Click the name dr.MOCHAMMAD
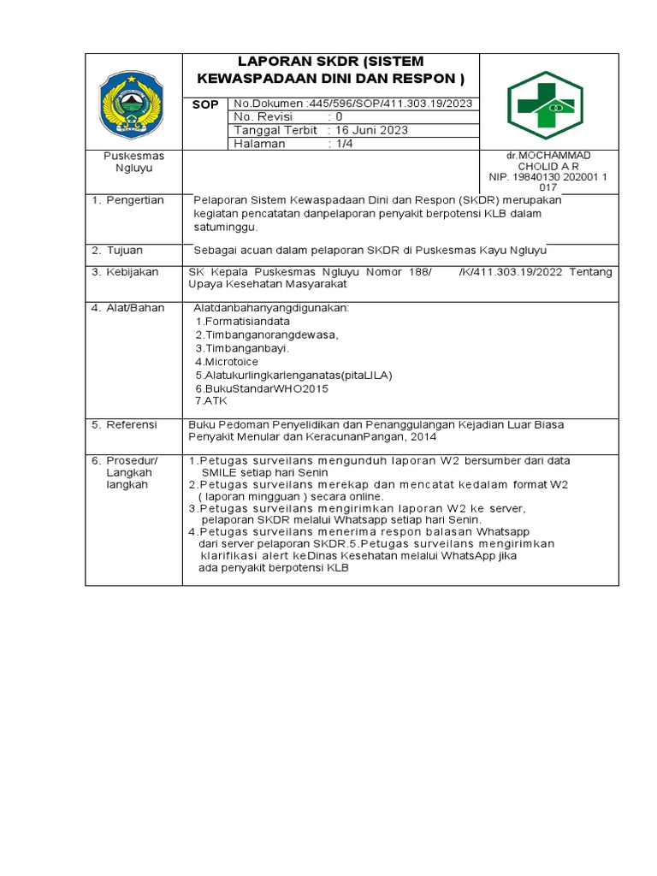548,155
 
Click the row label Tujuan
125,250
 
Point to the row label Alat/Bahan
133,308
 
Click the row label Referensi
131,424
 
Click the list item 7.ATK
210,400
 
